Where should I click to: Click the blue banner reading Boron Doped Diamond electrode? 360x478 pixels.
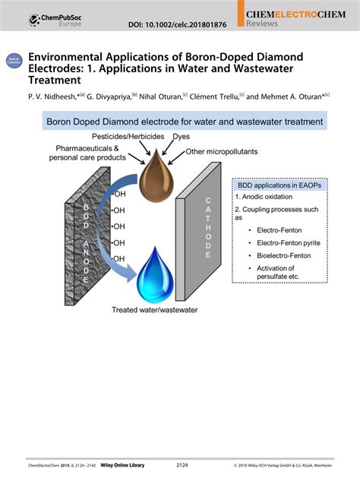point(185,121)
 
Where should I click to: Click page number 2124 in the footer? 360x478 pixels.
point(182,464)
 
